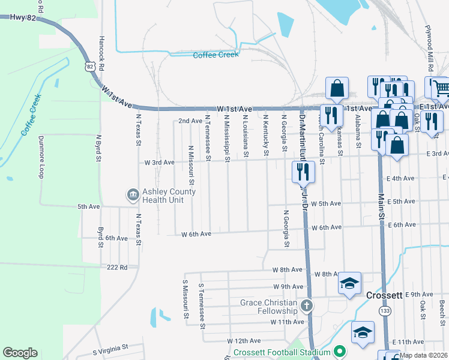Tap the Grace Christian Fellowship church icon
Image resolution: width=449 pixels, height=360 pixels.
pos(307,307)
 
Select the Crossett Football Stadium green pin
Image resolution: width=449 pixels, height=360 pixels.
pos(340,352)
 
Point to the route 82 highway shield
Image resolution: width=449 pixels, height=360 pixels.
pos(90,67)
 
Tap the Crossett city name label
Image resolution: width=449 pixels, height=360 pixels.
pos(384,296)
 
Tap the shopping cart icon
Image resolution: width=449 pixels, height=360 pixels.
pos(441,88)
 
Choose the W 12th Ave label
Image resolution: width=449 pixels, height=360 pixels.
pos(244,340)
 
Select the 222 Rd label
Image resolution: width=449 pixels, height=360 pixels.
pos(117,267)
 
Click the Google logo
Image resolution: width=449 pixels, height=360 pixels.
pos(20,353)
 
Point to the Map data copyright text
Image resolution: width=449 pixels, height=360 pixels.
pos(424,355)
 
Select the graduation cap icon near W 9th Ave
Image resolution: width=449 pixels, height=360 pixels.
pos(348,284)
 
